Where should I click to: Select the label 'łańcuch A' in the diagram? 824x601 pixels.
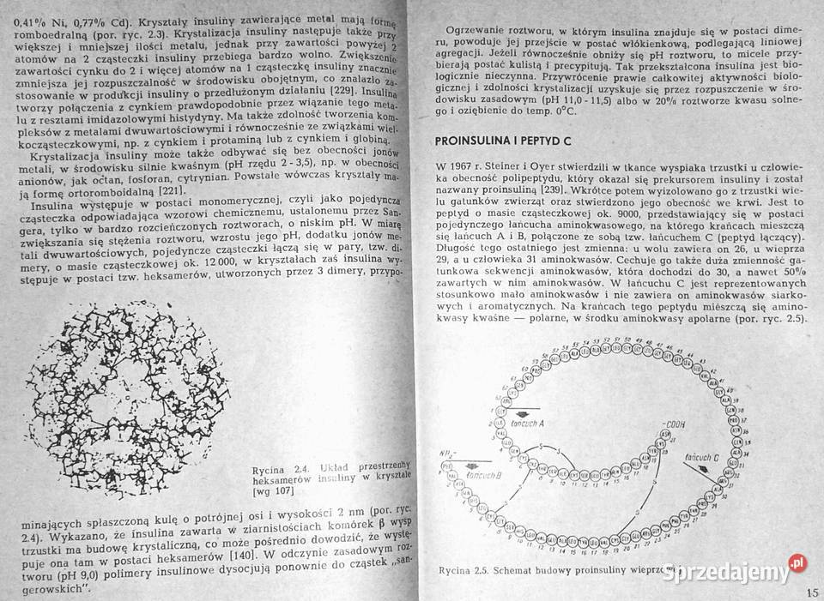point(523,423)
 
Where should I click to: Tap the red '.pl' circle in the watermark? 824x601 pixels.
point(797,562)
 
